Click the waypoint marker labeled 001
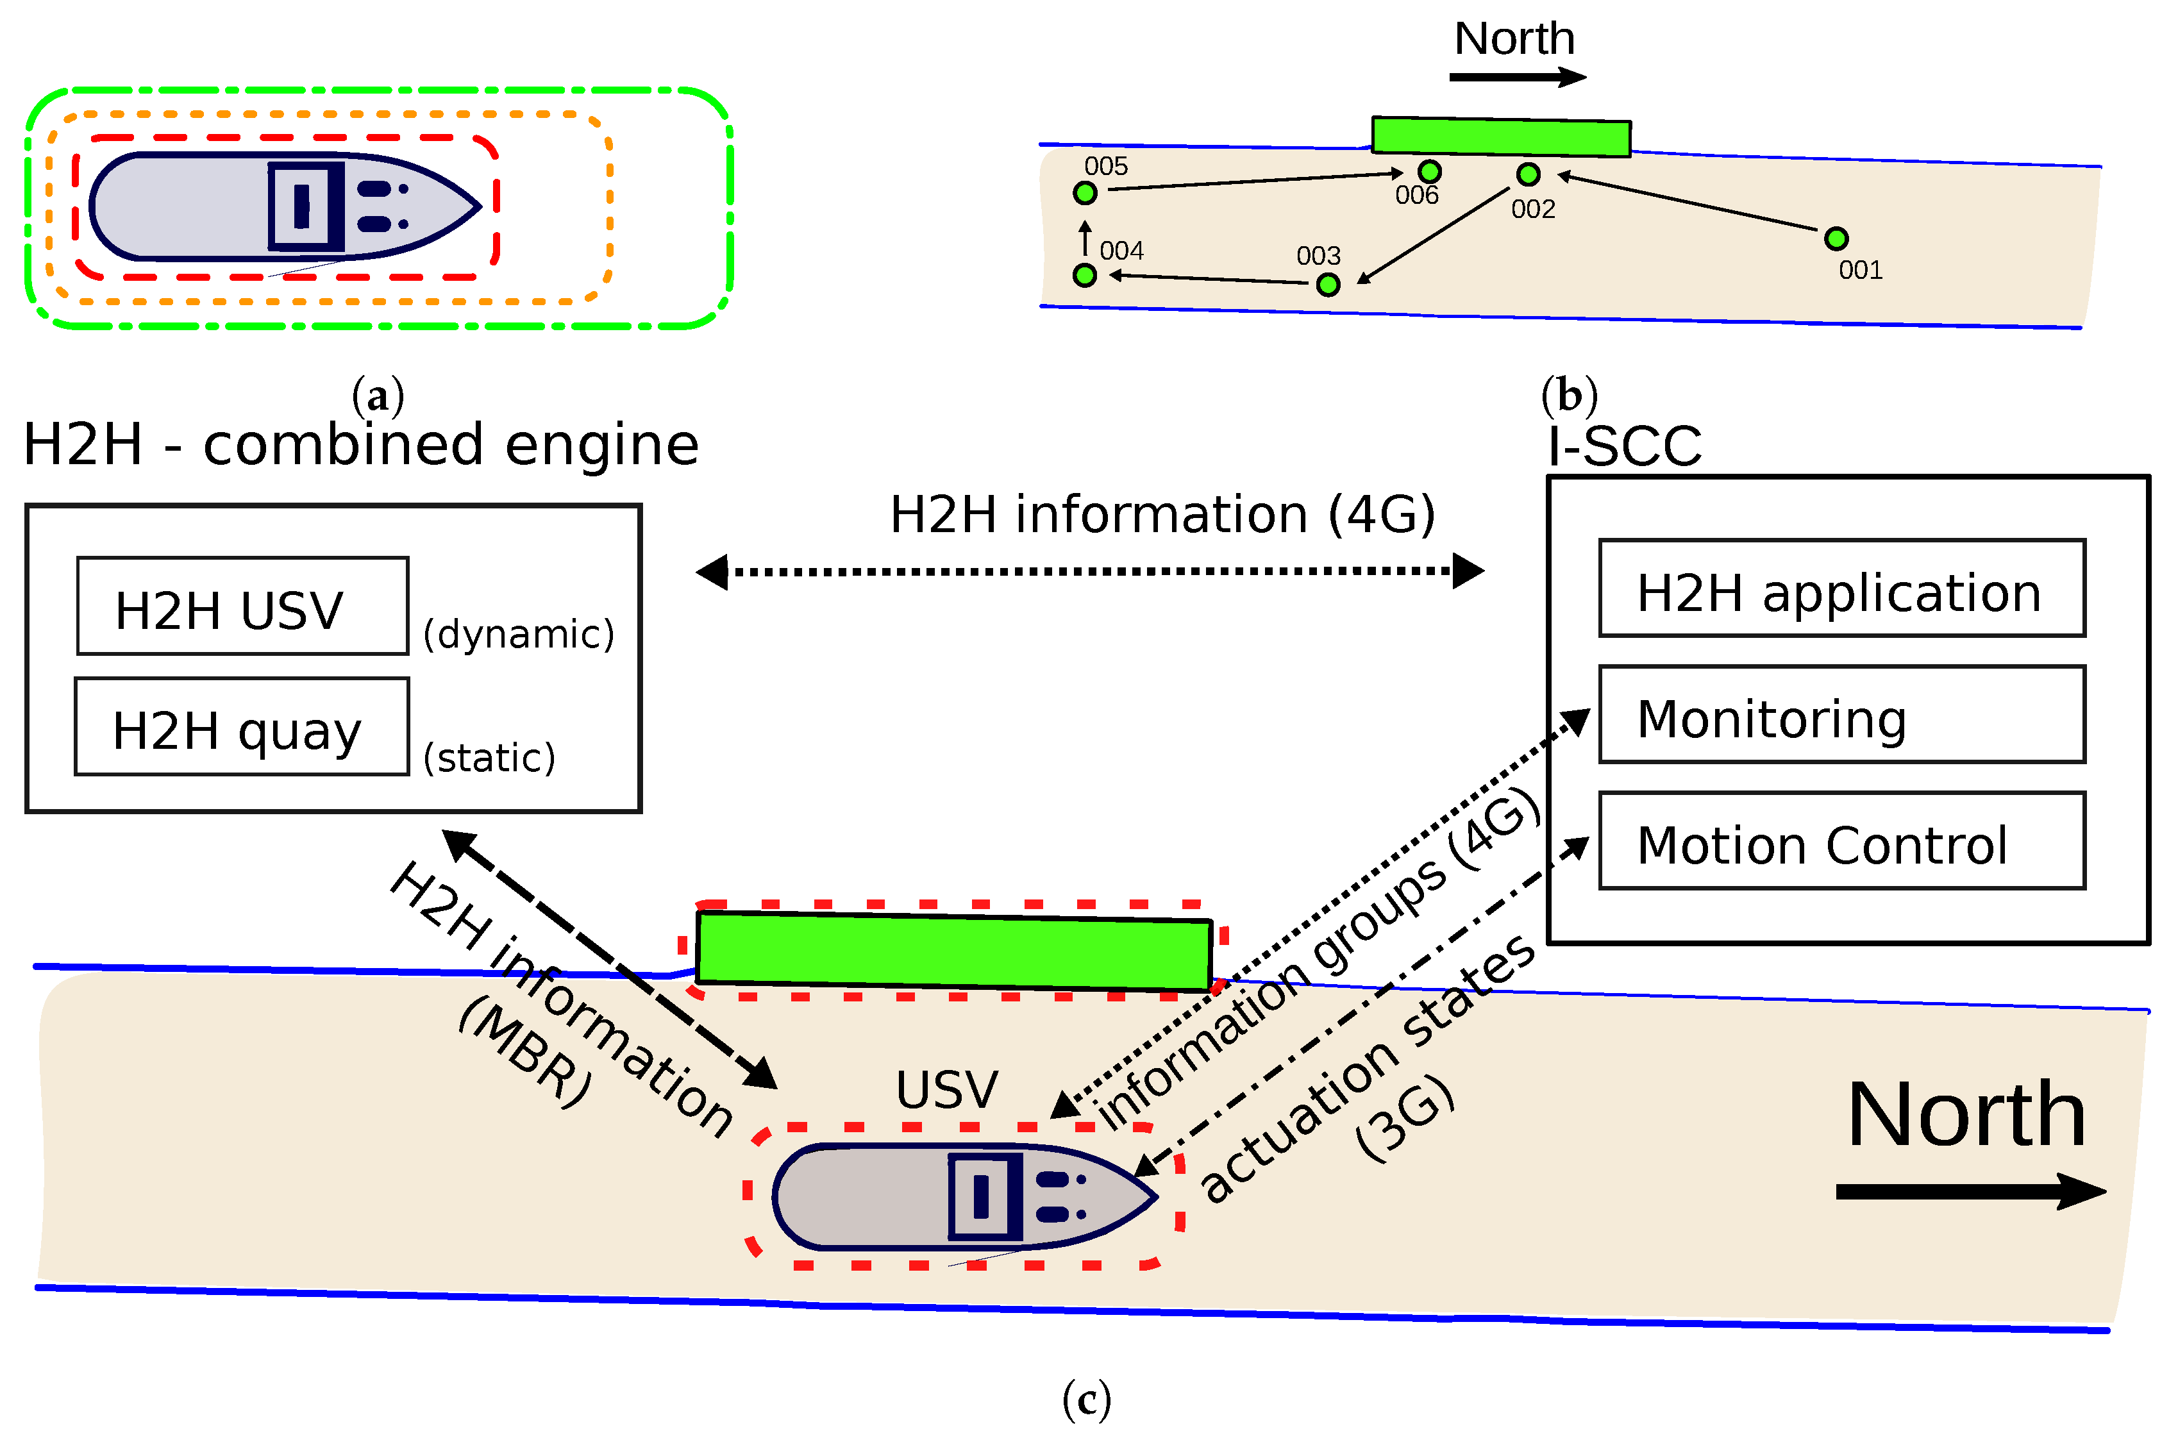click(1835, 239)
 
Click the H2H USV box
click(242, 606)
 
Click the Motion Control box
click(1841, 842)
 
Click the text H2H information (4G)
click(1162, 515)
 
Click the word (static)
click(489, 758)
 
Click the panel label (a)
click(378, 396)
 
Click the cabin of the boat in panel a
click(305, 206)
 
